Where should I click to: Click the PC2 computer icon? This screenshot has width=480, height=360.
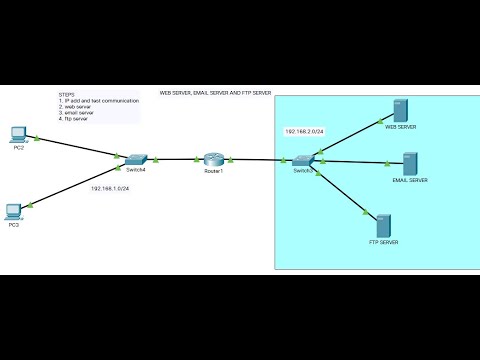17,133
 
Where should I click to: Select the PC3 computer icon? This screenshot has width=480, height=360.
14,210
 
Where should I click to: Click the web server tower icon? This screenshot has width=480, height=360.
400,111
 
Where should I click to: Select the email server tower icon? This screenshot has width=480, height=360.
410,164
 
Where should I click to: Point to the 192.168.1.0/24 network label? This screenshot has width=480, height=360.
111,188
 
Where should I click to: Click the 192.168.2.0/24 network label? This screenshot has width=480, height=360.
304,131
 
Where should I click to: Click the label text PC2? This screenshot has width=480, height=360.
18,148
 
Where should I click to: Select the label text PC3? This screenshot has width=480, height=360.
14,226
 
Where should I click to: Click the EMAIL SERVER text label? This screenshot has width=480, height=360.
410,180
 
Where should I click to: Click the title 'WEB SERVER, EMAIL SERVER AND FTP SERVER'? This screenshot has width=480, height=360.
215,92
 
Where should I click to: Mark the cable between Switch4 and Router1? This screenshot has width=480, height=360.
175,159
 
